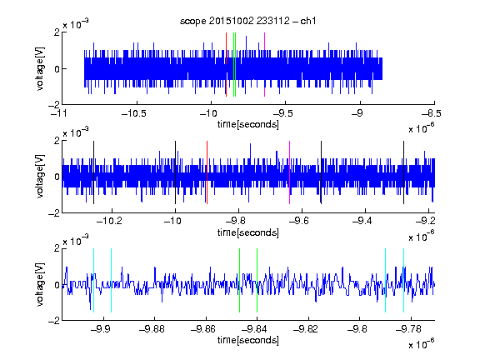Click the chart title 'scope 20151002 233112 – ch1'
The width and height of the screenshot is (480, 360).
[x=247, y=21]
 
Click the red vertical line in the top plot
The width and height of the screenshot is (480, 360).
[x=226, y=65]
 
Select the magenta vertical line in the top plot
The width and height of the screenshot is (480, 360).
[x=264, y=65]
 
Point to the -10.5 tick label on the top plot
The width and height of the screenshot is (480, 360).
[x=134, y=113]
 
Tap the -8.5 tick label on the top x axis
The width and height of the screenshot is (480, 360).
[x=432, y=113]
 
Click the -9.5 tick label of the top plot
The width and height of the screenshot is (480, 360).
[x=282, y=113]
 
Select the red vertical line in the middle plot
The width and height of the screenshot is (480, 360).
[x=207, y=172]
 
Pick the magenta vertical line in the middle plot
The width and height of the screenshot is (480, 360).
[x=290, y=172]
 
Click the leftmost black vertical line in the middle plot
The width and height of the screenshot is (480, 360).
[x=93, y=172]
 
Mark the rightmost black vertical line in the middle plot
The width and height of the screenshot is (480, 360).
[x=403, y=172]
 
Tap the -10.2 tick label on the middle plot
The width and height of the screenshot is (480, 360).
[x=109, y=221]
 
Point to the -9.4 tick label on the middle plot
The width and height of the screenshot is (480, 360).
[x=362, y=221]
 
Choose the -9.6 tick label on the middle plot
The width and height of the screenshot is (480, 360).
[x=299, y=221]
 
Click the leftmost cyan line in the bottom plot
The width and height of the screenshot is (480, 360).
[x=93, y=280]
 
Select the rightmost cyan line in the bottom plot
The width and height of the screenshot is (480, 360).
[x=403, y=280]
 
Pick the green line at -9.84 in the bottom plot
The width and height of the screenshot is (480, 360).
[x=257, y=280]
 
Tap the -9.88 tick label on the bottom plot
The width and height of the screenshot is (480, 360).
[x=152, y=329]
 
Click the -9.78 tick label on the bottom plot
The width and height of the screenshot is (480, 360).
[x=408, y=329]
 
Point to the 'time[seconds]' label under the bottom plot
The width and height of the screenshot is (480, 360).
[x=248, y=340]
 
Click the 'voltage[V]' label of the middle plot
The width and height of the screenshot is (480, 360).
[x=40, y=177]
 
